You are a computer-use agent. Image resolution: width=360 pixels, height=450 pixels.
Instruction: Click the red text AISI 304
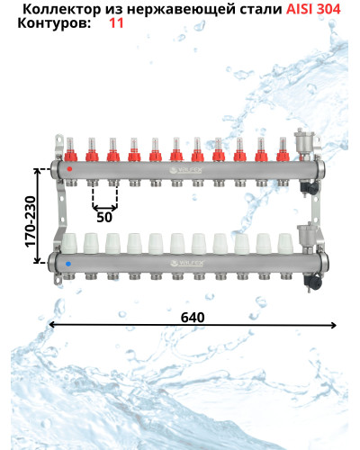[x=313, y=9]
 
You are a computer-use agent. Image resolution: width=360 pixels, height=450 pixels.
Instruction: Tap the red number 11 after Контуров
[x=116, y=23]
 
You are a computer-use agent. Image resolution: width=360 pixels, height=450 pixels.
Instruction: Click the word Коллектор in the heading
[x=62, y=10]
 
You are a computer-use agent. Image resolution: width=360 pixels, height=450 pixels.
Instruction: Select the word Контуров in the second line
[x=54, y=23]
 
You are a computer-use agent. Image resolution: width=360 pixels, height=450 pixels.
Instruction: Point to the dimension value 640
[x=193, y=318]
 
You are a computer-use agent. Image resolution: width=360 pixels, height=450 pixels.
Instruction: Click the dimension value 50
[x=104, y=217]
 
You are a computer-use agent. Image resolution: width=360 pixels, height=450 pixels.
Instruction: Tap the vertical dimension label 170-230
[x=31, y=221]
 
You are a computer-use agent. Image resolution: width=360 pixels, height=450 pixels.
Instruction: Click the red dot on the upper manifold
[x=69, y=169]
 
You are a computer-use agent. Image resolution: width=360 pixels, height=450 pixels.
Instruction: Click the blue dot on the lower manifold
[x=68, y=264]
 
